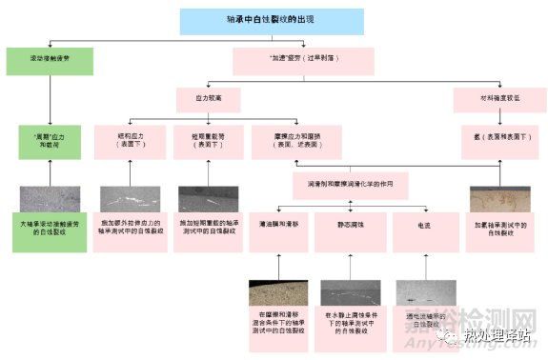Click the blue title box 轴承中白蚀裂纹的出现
(x=272, y=20)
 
